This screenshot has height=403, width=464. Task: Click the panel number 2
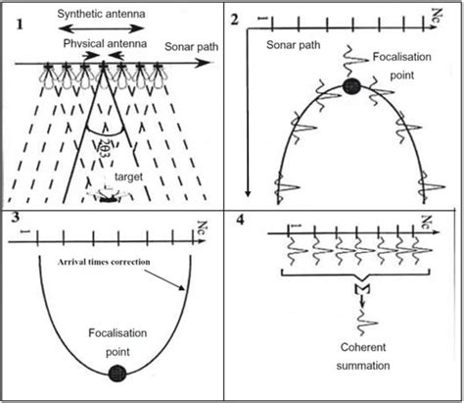[235, 20]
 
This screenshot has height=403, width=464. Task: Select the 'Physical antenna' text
[106, 45]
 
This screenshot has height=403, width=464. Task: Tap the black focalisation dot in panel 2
[350, 87]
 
